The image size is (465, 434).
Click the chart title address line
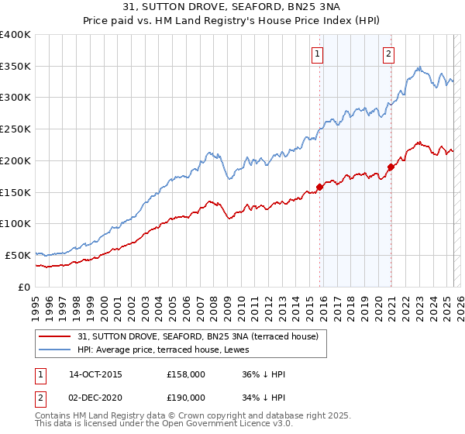coord(232,9)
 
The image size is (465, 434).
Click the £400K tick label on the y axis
coord(15,35)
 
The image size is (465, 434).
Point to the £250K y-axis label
coord(15,129)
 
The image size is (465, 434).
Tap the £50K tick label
coord(19,255)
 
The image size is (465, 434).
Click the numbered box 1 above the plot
coord(319,54)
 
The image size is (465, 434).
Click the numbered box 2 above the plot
coord(387,54)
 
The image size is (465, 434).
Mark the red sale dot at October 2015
coord(319,187)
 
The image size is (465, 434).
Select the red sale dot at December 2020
coord(391,167)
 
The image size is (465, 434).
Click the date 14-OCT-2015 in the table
coord(95,374)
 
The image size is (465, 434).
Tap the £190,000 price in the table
coord(185,397)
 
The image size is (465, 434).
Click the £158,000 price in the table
coord(185,374)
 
